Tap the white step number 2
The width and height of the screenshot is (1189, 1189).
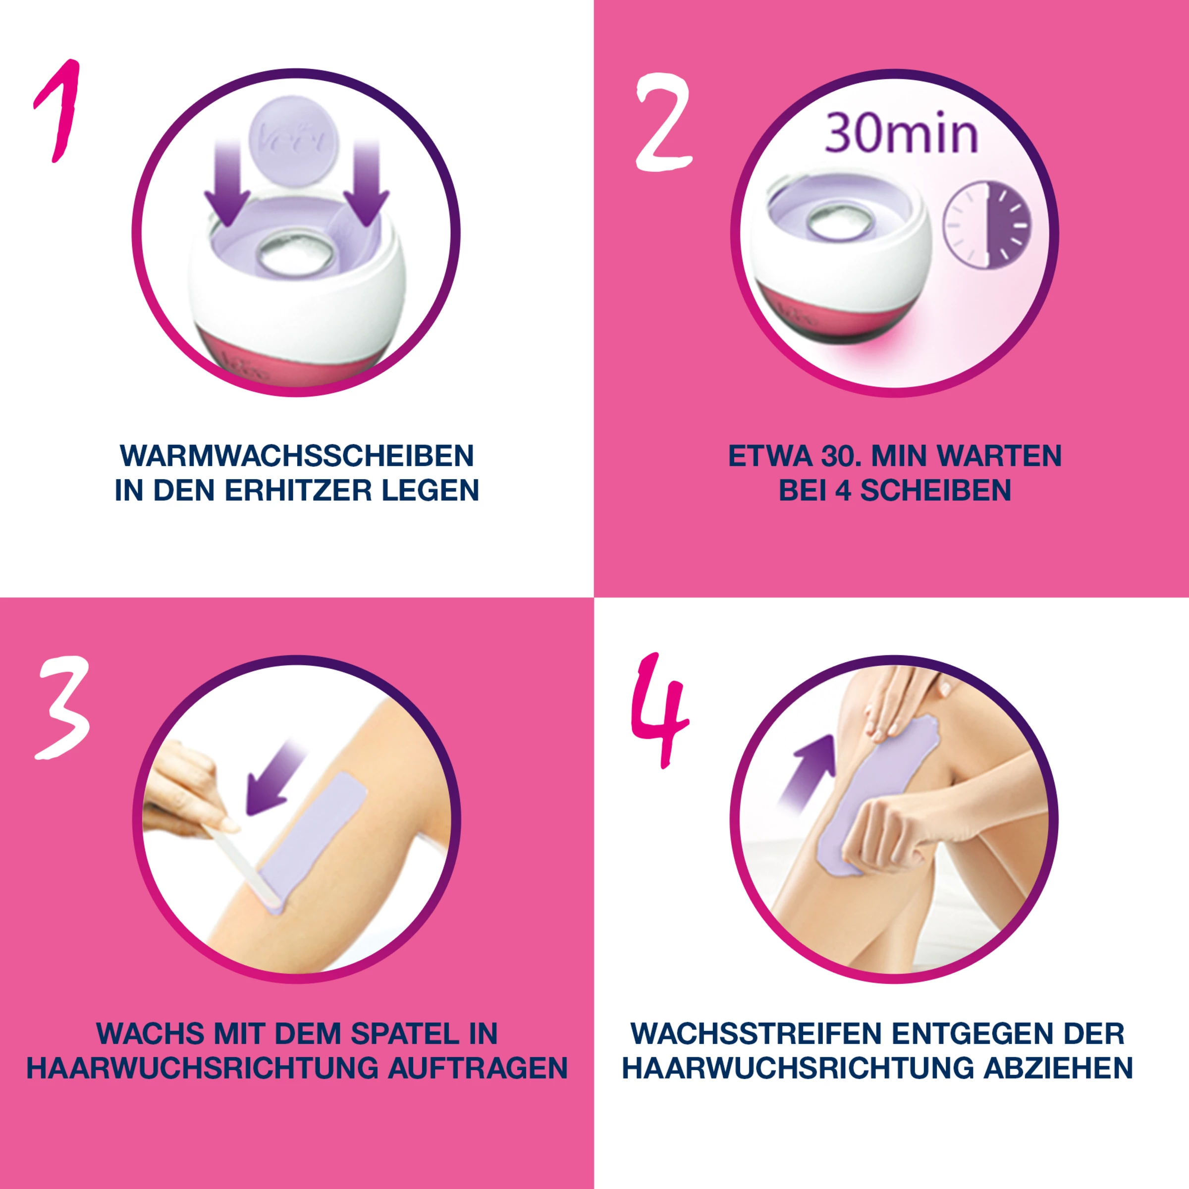tap(663, 123)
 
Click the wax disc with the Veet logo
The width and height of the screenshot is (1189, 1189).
tap(294, 140)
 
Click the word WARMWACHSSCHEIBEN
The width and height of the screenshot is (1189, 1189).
tap(297, 456)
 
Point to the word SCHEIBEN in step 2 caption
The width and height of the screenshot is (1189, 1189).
tap(935, 490)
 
